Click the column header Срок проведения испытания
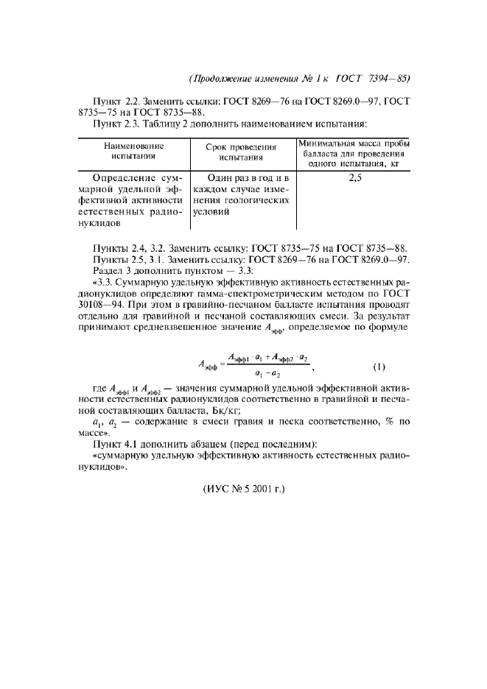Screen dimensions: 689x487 coord(242,151)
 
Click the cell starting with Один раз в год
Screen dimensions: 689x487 coord(242,195)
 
